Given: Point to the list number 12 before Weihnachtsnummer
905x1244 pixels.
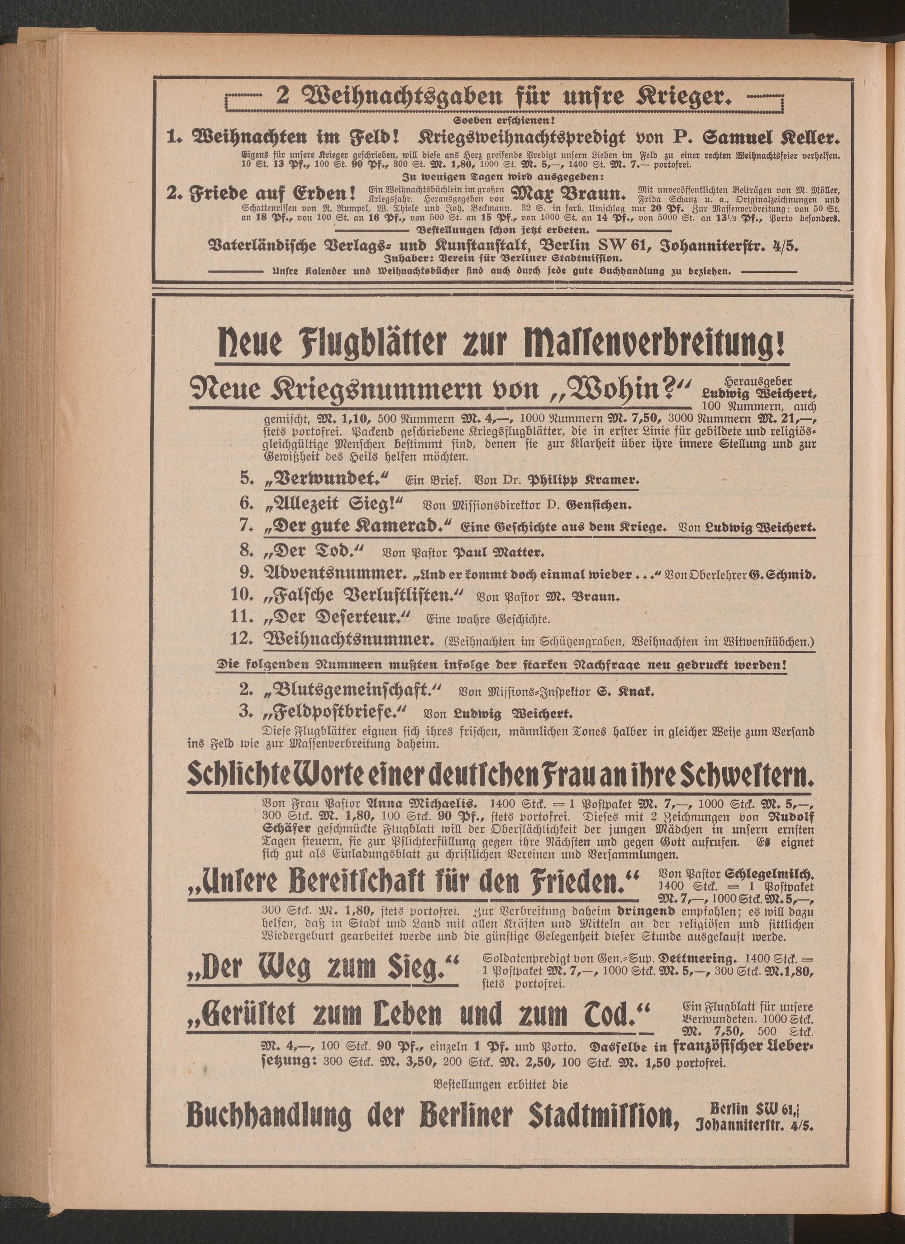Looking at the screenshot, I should [x=242, y=640].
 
